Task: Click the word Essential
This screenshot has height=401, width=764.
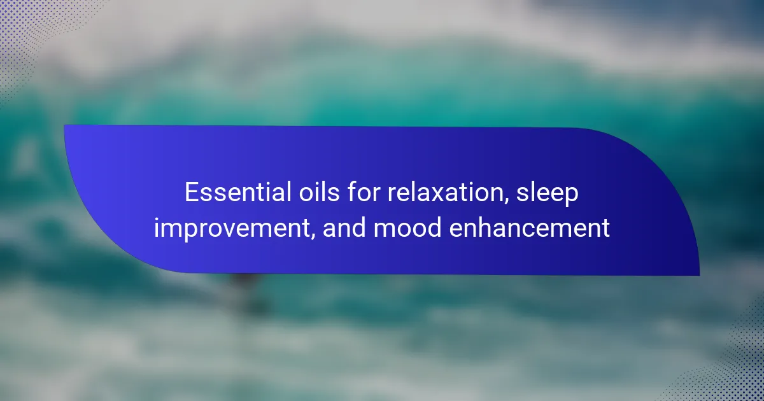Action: point(238,192)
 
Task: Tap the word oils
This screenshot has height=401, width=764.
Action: point(319,192)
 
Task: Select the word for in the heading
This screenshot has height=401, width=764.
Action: point(364,192)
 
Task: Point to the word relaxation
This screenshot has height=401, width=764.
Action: point(446,192)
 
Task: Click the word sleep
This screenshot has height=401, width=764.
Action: point(547,194)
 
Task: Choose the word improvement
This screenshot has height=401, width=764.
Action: point(232,229)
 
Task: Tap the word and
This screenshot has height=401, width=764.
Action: point(344,227)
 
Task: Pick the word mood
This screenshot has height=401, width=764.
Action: point(407,227)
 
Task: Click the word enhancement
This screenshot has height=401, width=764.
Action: point(529,227)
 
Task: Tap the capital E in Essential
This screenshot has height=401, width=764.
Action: point(192,192)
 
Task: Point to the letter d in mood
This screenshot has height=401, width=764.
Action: point(434,227)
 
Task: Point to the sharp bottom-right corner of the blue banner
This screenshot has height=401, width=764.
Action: point(699,276)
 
